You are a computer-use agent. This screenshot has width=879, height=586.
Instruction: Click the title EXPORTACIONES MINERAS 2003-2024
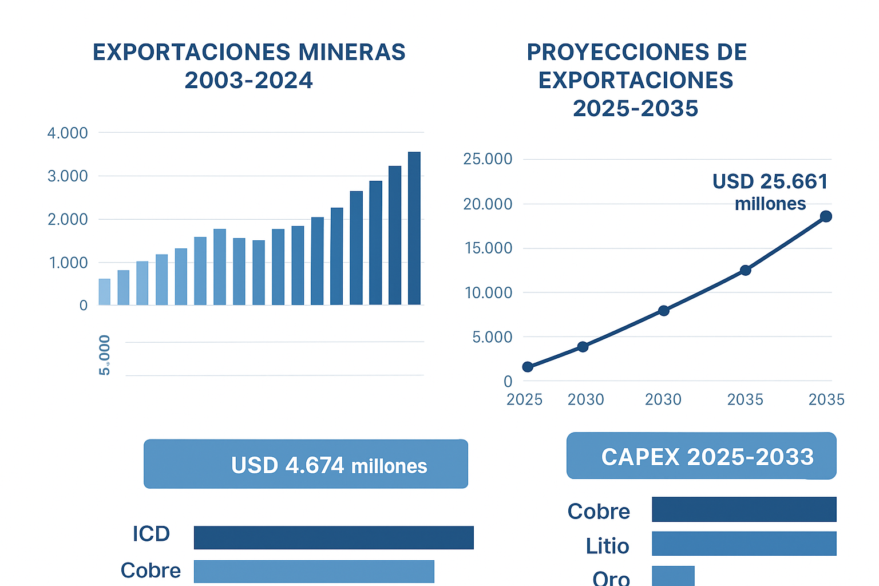tap(249, 66)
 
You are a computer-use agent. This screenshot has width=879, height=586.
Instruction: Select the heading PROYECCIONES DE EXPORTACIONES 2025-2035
tap(636, 80)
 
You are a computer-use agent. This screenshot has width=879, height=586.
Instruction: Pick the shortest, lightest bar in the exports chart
tap(104, 291)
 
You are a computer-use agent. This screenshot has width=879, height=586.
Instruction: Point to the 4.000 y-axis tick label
tap(68, 133)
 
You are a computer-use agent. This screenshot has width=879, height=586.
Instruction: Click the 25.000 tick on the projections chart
tap(488, 159)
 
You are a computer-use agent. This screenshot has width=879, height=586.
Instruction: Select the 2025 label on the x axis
tap(524, 399)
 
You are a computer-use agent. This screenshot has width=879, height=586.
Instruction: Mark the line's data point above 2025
tap(528, 367)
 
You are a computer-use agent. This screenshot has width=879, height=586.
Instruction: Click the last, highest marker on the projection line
tap(826, 216)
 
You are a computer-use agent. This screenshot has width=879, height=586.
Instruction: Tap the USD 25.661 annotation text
tap(770, 182)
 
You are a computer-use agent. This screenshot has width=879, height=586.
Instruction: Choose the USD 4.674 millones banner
tap(306, 464)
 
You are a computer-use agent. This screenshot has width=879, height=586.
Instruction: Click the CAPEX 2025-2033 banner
tap(701, 456)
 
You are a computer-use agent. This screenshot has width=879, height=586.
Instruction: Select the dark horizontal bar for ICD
tap(334, 537)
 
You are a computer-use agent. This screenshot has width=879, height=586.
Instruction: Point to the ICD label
tap(151, 534)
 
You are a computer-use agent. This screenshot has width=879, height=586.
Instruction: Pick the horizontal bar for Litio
tap(744, 544)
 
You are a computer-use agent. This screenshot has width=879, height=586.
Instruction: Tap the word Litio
tap(607, 546)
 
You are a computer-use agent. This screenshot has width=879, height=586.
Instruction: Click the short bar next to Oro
tap(673, 576)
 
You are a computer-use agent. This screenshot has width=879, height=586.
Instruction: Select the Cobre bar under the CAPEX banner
tap(744, 509)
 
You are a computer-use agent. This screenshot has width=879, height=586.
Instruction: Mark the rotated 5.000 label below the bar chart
tap(105, 355)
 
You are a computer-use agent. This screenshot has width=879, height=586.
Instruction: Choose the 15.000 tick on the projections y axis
tap(488, 248)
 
